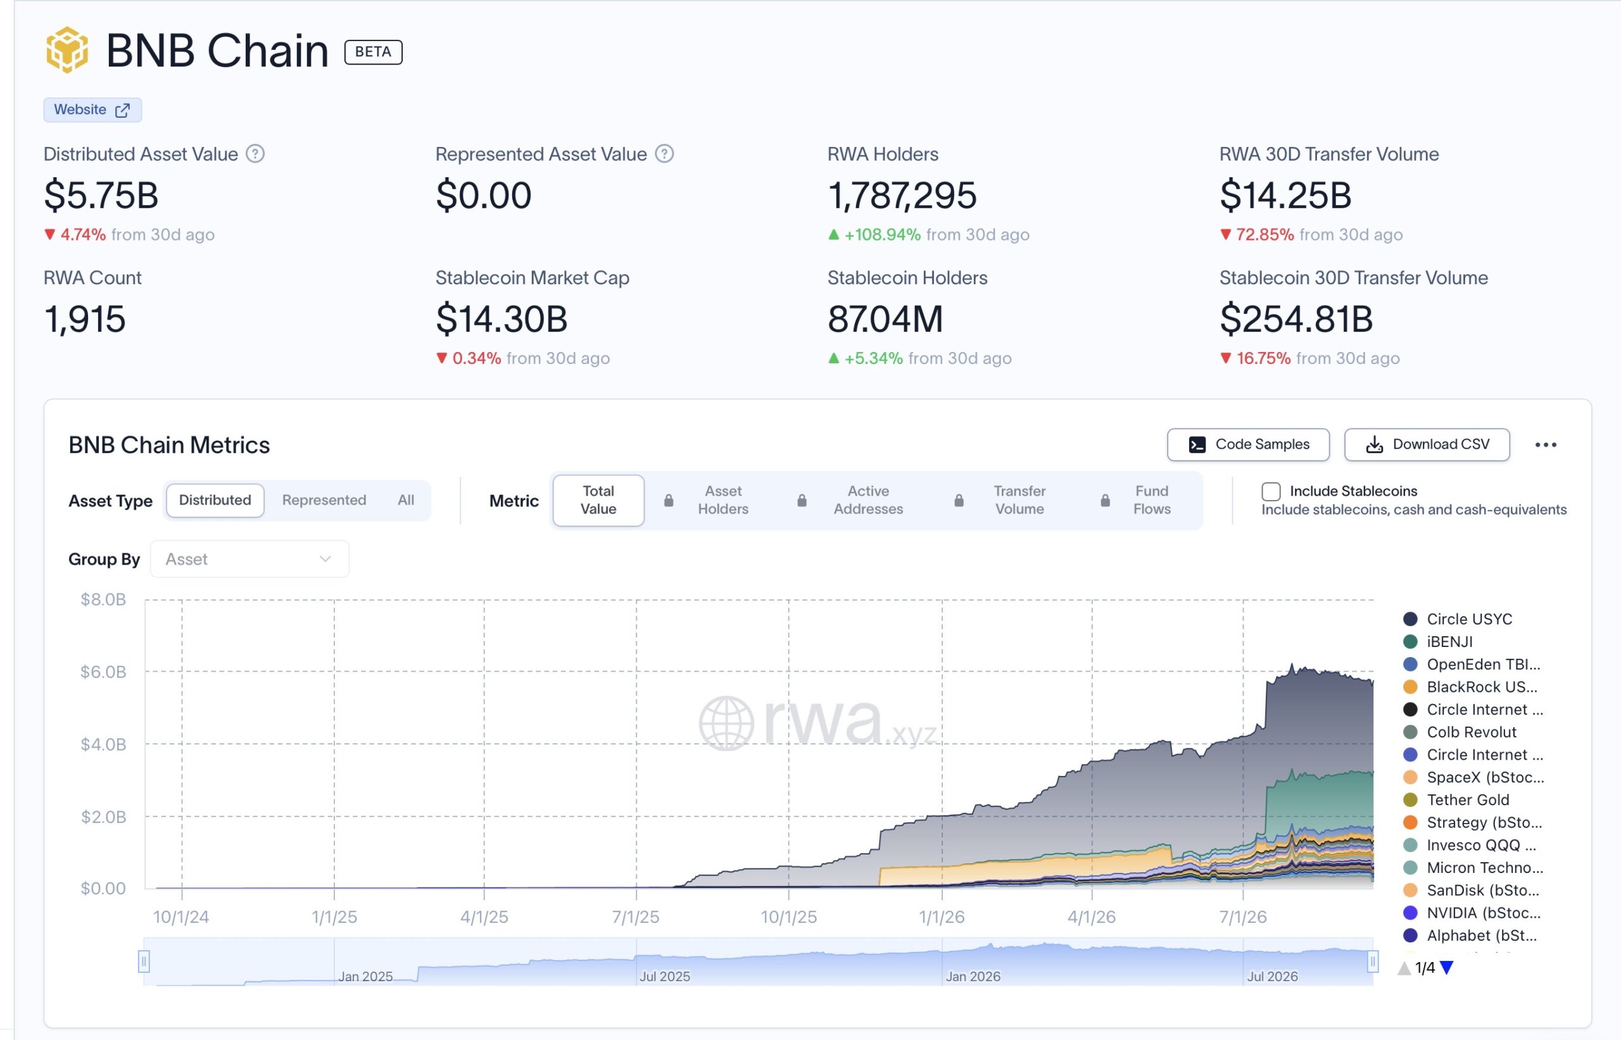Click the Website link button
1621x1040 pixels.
point(92,110)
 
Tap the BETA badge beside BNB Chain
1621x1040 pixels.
point(373,52)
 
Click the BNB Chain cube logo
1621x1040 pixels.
point(67,50)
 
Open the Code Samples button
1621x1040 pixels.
point(1248,444)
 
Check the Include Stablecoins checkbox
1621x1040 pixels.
point(1271,492)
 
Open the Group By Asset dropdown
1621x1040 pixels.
point(249,559)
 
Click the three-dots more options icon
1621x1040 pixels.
point(1546,444)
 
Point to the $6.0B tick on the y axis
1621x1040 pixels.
point(103,672)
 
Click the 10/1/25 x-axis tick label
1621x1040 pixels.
point(789,917)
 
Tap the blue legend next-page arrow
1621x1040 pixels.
point(1447,968)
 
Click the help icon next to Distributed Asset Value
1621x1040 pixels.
point(255,154)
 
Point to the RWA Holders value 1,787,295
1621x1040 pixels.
point(902,195)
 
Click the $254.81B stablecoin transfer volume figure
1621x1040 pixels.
point(1296,319)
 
